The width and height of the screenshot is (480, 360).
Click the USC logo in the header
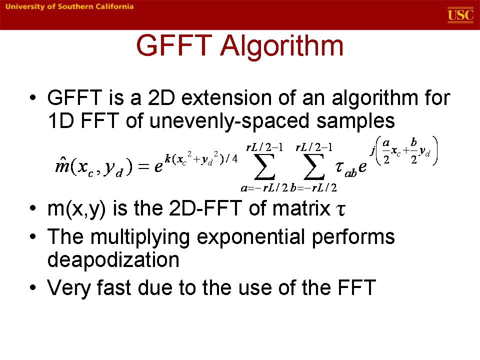tap(460, 14)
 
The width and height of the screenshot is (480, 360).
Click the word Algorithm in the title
tap(281, 46)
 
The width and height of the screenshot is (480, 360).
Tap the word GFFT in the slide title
tap(174, 45)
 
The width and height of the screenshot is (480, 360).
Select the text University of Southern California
tap(69, 6)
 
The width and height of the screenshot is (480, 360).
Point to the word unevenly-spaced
tap(229, 121)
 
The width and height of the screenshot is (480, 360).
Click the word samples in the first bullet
tap(355, 121)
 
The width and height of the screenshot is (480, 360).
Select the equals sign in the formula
tap(143, 166)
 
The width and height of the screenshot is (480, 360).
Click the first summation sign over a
tap(264, 167)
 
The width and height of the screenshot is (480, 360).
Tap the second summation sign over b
tap(314, 167)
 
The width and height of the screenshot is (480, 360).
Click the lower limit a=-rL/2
tap(264, 187)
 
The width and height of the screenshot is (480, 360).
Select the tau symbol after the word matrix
tap(340, 210)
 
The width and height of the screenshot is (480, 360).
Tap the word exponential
tap(250, 237)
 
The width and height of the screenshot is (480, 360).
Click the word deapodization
tap(113, 260)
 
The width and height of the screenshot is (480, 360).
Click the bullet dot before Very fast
tap(33, 288)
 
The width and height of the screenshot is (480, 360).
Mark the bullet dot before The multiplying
tap(33, 236)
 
